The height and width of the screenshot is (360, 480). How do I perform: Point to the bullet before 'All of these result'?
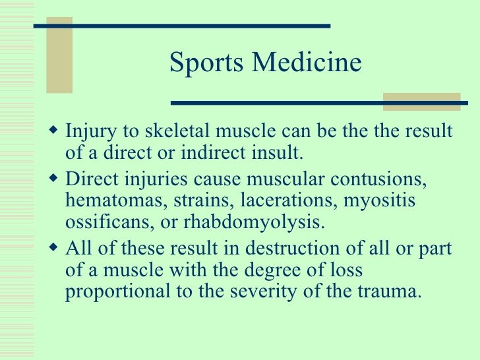coord(54,248)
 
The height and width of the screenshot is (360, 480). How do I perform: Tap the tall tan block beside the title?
coord(59,55)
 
